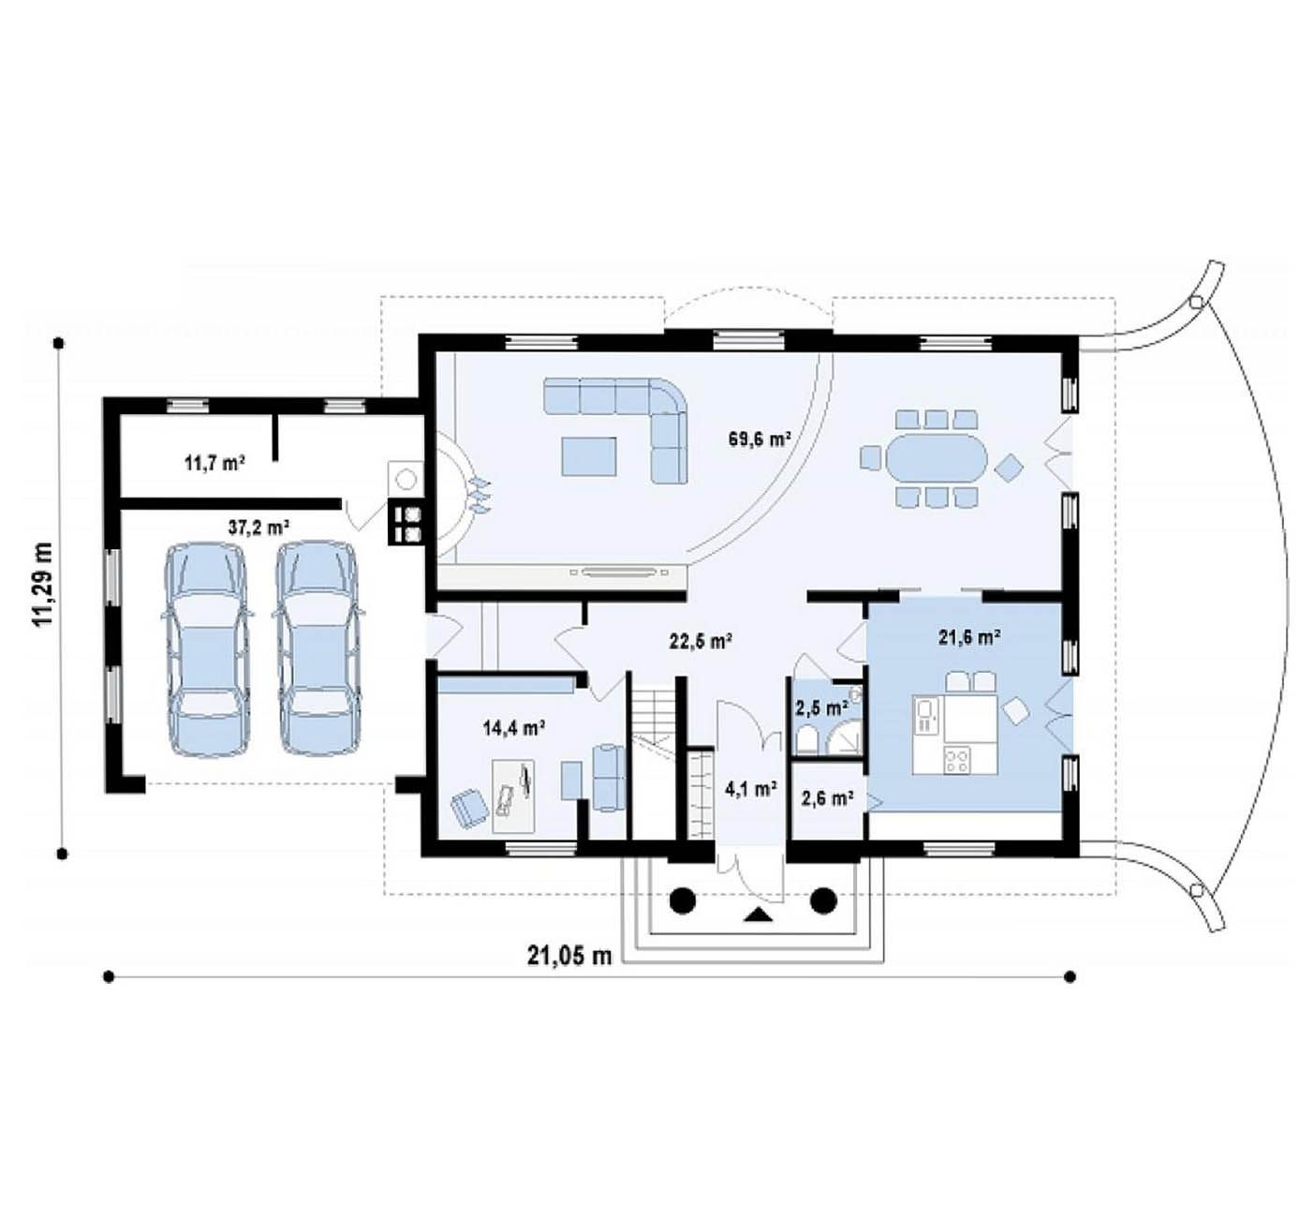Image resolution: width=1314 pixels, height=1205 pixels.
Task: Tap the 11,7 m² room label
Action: [x=214, y=464]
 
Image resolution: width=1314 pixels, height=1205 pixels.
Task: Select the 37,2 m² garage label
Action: [x=258, y=528]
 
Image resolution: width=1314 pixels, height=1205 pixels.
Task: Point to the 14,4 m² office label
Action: [x=515, y=727]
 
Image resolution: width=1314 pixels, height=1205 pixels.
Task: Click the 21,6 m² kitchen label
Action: [x=968, y=636]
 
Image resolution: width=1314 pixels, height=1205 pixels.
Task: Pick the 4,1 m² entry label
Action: [x=751, y=789]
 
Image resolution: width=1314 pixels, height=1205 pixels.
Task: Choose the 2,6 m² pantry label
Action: [x=827, y=798]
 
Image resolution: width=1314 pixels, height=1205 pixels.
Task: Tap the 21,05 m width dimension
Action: [x=569, y=956]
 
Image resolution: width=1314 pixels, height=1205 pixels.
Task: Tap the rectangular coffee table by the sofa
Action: [x=588, y=456]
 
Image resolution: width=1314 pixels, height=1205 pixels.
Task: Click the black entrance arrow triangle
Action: [x=759, y=915]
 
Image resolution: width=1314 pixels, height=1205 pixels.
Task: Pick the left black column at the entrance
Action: [x=682, y=900]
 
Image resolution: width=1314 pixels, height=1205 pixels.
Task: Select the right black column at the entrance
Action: [x=823, y=900]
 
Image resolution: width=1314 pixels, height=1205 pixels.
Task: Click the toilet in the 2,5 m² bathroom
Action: [x=807, y=739]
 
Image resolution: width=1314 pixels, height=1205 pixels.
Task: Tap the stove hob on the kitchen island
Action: [x=957, y=761]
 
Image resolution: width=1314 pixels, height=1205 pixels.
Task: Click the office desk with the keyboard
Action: [x=513, y=796]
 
